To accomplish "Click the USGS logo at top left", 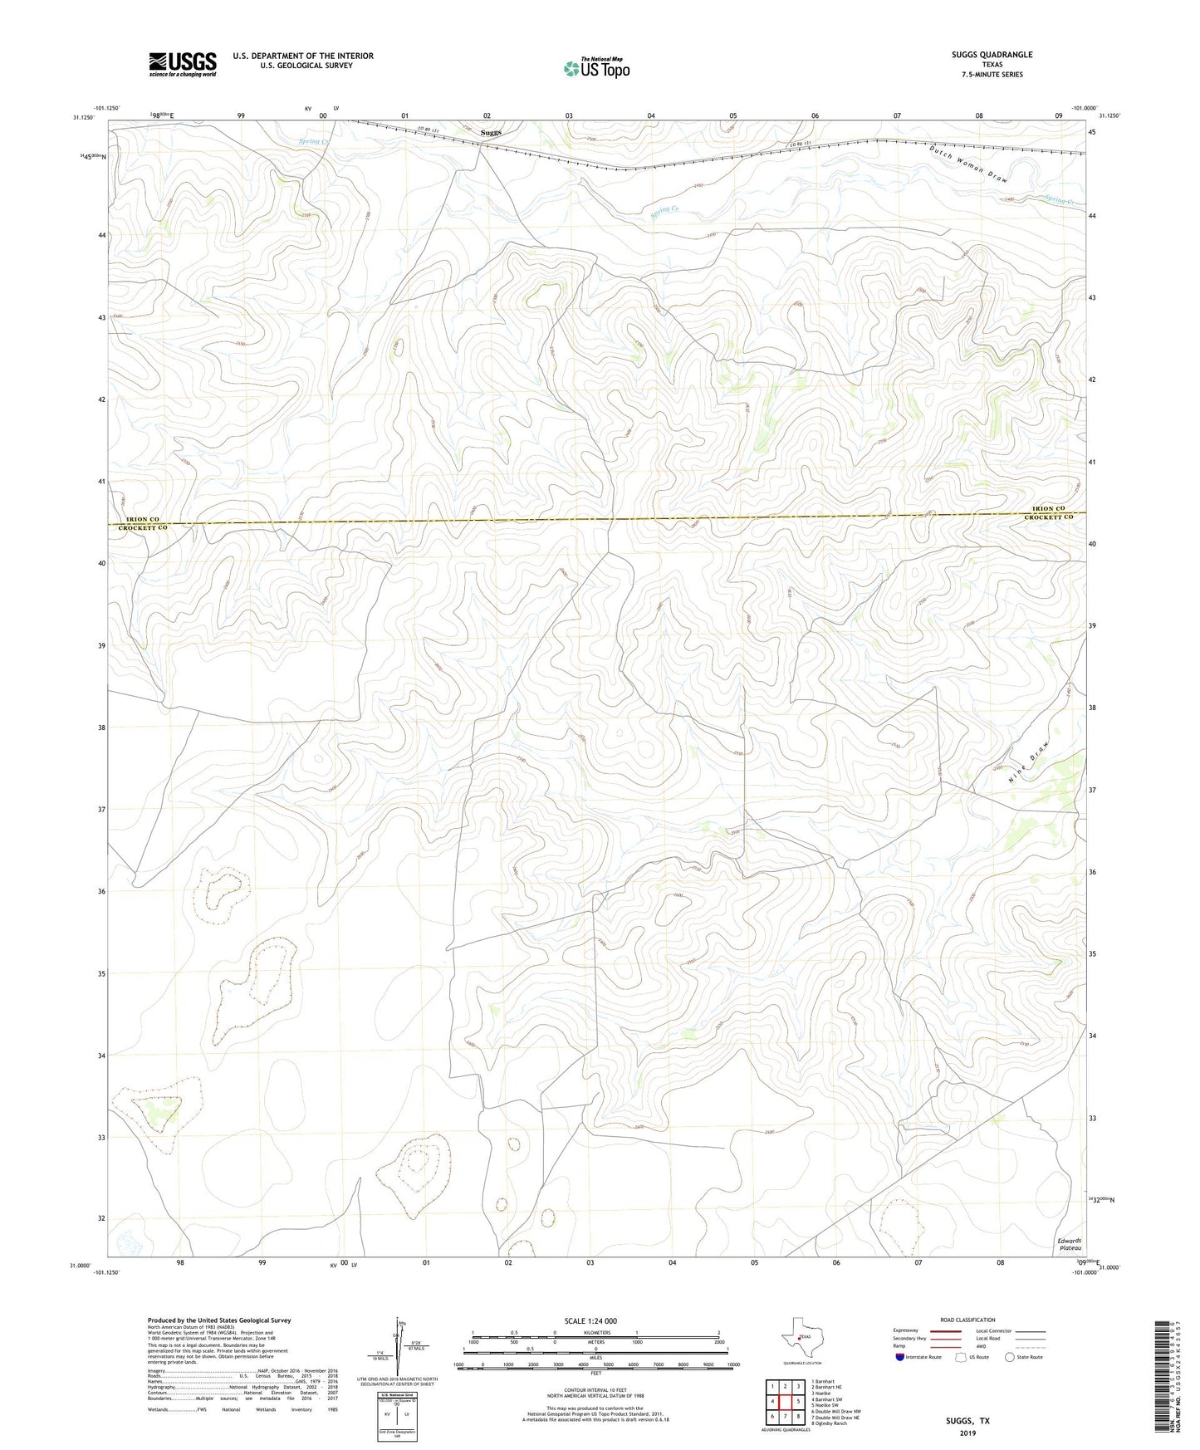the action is click(182, 64).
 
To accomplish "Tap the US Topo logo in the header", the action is click(596, 68).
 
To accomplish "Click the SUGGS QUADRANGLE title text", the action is click(992, 55).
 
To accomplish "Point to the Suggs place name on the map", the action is click(492, 132).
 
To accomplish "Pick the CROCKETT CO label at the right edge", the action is click(1048, 517).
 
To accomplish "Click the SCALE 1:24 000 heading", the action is click(590, 1320).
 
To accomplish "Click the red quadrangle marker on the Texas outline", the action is click(801, 1338).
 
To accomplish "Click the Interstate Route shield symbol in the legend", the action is click(900, 1357).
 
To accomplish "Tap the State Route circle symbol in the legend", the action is click(1009, 1357).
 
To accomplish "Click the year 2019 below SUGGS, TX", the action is click(968, 1433).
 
